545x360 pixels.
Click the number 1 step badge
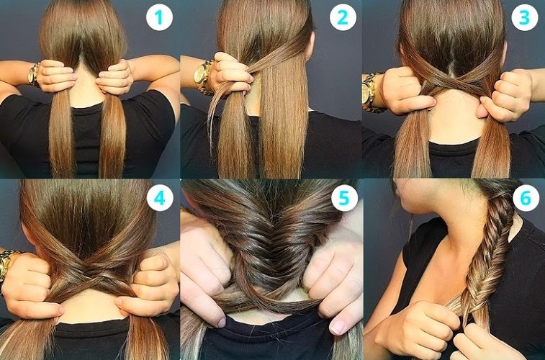(160, 17)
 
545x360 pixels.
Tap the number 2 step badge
(343, 17)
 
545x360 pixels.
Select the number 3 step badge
(525, 17)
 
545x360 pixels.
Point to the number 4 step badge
(160, 198)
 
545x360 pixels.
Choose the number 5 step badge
(344, 198)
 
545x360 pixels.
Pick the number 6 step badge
(526, 198)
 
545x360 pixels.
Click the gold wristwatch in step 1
(33, 75)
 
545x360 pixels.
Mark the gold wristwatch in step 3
(371, 92)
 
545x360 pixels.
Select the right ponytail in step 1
(112, 135)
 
